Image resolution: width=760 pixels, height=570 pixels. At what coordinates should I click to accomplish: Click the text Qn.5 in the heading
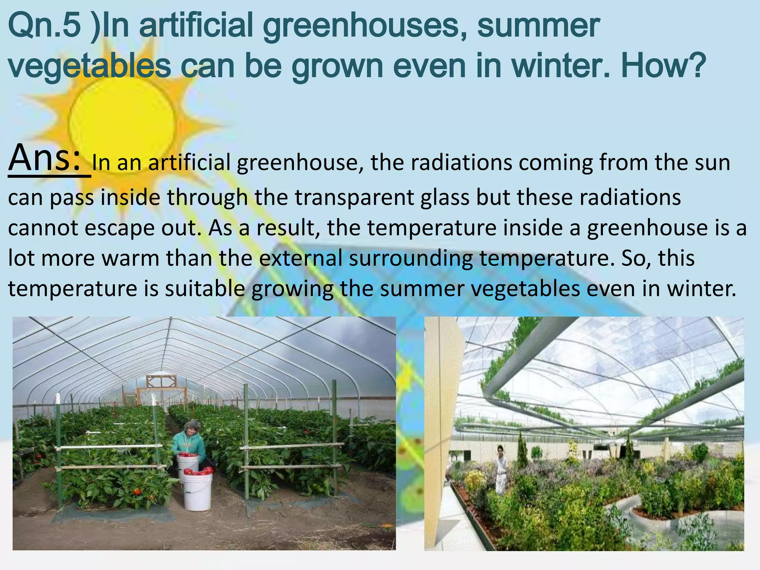tap(45, 26)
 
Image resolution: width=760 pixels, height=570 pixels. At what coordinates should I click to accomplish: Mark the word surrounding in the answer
tap(410, 259)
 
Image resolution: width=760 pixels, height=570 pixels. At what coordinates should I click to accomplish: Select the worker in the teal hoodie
tap(189, 442)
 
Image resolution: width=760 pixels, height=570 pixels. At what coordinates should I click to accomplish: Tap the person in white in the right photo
tap(501, 468)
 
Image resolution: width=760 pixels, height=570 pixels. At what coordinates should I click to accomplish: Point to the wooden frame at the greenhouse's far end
tap(161, 382)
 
